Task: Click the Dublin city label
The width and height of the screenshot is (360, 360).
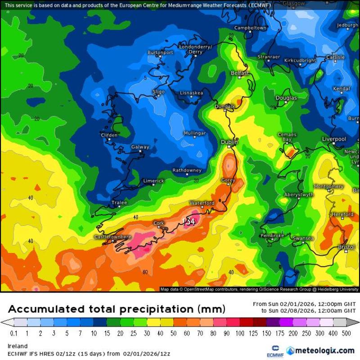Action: click(229, 142)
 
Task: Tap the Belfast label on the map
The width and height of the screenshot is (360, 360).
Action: click(239, 73)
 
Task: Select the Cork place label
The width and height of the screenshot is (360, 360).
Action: click(159, 223)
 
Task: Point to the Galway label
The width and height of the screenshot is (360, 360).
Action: click(140, 147)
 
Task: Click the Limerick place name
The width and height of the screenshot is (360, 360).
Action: click(153, 181)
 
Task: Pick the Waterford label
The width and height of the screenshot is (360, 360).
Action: click(202, 203)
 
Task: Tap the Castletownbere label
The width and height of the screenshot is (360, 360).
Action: click(112, 237)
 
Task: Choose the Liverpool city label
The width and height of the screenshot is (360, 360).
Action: click(334, 139)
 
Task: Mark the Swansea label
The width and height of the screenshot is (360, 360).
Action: click(303, 238)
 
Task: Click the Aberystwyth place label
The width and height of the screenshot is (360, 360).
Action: click(299, 195)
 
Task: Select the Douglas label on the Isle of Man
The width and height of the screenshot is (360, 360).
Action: click(286, 98)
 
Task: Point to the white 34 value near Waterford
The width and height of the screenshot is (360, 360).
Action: click(191, 221)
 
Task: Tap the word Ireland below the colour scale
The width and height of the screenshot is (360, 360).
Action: click(18, 346)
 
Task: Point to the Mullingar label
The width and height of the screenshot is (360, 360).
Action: click(195, 134)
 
